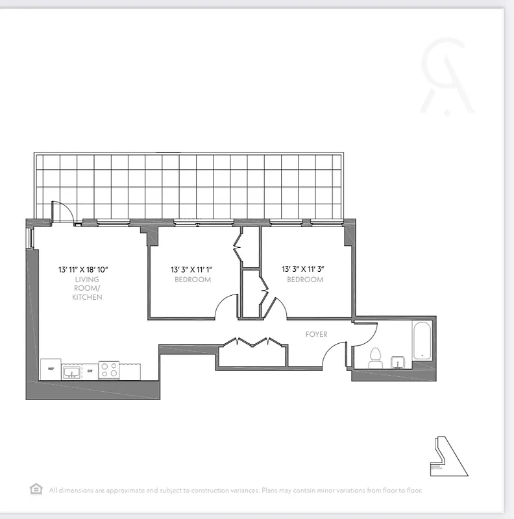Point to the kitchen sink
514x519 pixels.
coord(71,372)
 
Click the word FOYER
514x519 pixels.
coord(317,335)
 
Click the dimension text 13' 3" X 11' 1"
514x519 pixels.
coord(192,269)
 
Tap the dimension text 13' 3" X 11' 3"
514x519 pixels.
coord(305,269)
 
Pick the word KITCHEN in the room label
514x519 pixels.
coord(88,297)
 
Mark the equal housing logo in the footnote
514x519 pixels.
coord(36,489)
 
